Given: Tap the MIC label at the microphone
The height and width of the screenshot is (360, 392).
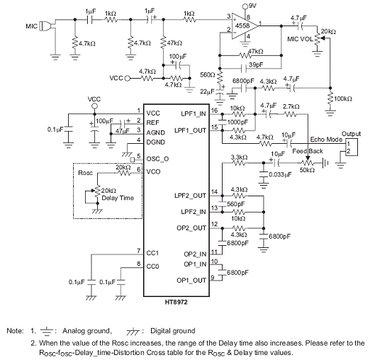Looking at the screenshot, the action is tap(31, 26).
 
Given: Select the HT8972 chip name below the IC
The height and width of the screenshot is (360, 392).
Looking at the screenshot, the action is tap(176, 303).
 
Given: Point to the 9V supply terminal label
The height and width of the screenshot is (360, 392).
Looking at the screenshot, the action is tap(252, 6).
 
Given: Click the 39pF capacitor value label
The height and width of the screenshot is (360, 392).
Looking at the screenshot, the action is tap(256, 65).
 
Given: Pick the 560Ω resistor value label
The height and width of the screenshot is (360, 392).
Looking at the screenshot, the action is tap(208, 74).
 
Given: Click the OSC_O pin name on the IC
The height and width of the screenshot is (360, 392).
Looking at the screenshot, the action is tap(157, 159).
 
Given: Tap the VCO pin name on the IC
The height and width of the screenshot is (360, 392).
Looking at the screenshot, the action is tap(153, 171).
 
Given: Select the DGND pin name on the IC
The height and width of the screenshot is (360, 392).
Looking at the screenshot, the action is tap(156, 142).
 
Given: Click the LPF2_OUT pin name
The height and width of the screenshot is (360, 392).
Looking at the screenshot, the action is tap(190, 196).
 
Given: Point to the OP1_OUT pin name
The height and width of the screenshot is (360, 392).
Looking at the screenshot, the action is tap(191, 281).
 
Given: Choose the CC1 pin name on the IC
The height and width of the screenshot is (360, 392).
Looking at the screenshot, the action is tap(152, 253).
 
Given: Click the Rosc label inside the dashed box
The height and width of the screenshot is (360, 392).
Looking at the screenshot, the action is tap(86, 173).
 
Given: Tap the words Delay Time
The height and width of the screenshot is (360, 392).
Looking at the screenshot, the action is tap(118, 198).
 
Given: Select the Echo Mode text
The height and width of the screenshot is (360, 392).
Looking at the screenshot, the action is tap(326, 139).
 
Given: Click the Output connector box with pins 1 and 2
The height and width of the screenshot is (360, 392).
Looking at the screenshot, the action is tap(352, 147).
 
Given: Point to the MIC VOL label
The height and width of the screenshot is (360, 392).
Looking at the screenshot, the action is tap(300, 39).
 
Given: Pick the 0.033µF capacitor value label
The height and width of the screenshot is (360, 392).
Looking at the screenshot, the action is tap(280, 174).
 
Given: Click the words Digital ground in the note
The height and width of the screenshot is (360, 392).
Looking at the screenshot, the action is tap(172, 331).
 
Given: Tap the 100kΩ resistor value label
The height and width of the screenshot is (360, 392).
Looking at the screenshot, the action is tap(343, 99).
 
